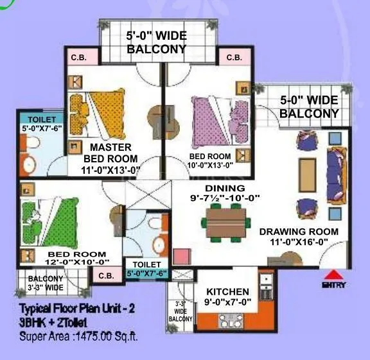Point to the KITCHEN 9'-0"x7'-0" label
tap(227, 297)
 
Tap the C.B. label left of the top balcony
tap(83, 58)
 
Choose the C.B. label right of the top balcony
tap(234, 58)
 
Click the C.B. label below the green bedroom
tap(105, 275)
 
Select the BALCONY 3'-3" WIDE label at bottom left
tap(45, 283)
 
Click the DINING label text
tap(225, 188)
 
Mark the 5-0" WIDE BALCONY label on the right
tap(308, 107)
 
